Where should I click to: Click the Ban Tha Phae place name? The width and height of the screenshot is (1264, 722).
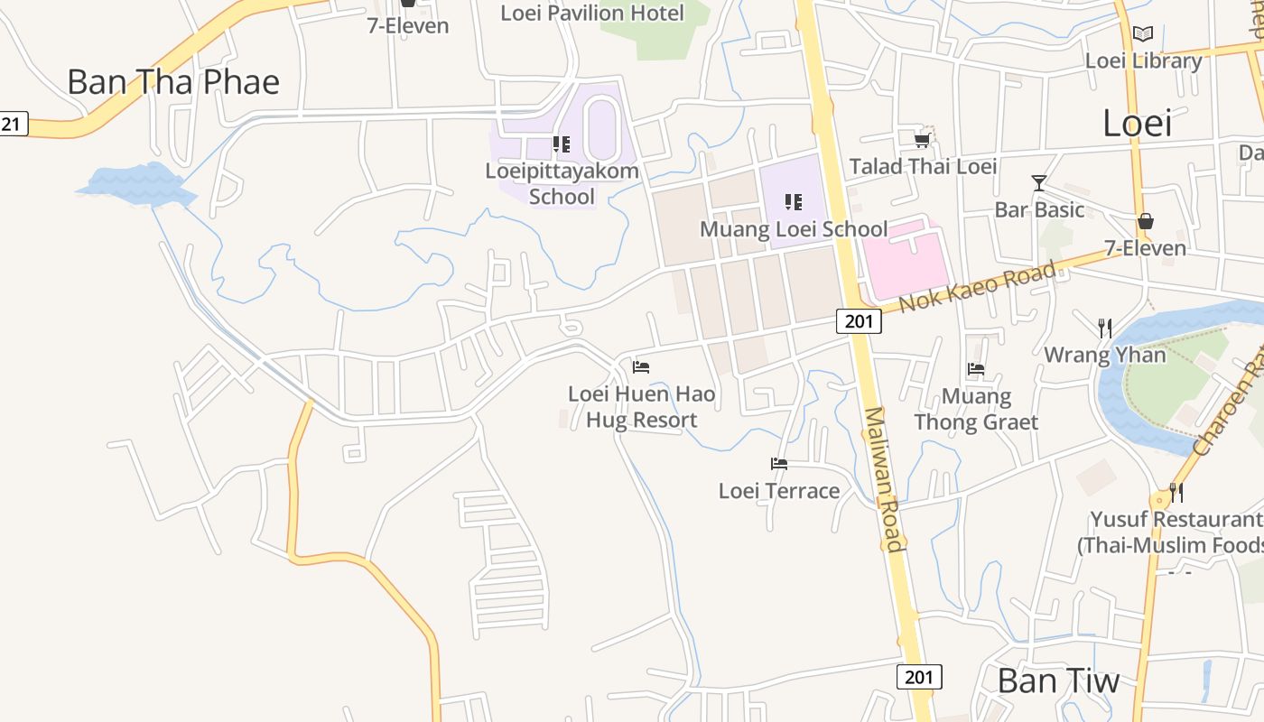[x=173, y=82]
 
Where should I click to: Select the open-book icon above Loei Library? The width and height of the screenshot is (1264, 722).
[x=1143, y=34]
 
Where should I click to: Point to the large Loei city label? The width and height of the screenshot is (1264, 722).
[x=1137, y=123]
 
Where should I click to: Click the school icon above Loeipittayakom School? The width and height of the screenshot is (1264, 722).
[x=562, y=144]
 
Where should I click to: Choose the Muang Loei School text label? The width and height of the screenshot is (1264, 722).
[x=794, y=229]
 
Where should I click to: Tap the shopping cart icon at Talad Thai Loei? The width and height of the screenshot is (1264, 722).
[x=922, y=140]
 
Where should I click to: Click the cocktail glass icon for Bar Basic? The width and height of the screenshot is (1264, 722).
[x=1039, y=183]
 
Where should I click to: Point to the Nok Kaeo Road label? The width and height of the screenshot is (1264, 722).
[x=977, y=286]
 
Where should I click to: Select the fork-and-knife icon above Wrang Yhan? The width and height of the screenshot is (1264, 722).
[x=1104, y=328]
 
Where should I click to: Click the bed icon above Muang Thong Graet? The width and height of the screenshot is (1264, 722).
[x=976, y=368]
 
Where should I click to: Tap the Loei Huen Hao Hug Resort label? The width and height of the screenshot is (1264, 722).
[x=641, y=407]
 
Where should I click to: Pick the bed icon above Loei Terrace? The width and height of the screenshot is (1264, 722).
[x=779, y=464]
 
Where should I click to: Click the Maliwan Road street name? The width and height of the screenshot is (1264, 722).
[x=883, y=478]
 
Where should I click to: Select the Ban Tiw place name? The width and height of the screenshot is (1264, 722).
[x=1058, y=680]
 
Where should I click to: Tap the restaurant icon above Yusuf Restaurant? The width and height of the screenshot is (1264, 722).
[x=1176, y=492]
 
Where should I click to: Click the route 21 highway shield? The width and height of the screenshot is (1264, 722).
[x=13, y=124]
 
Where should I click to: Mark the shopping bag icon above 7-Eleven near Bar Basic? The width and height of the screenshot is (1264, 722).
[x=1145, y=221]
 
